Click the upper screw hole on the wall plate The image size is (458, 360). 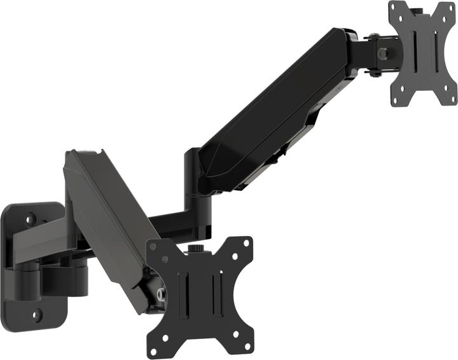(31, 219)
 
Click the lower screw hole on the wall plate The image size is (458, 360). (37, 314)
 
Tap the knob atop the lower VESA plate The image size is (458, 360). (193, 249)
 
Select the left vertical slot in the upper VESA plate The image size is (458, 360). (415, 48)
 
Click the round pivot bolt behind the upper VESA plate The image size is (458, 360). (382, 55)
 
